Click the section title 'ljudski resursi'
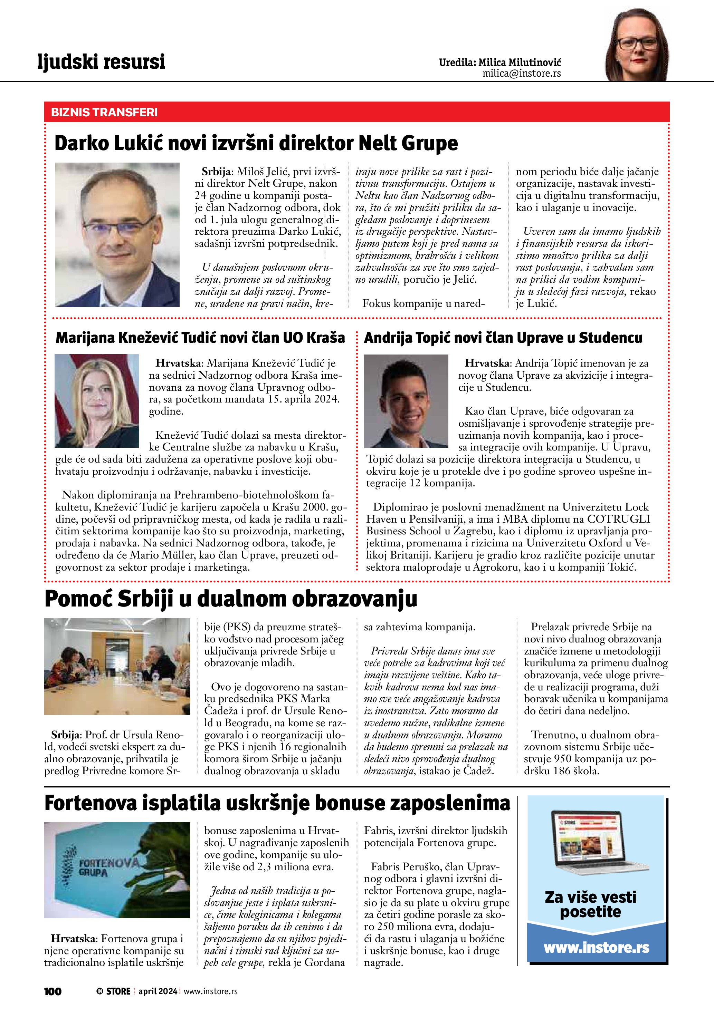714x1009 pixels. click(x=101, y=61)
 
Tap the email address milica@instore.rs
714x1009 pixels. click(x=522, y=74)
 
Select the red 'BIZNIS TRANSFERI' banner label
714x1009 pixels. click(x=104, y=112)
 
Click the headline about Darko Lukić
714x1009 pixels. click(x=256, y=143)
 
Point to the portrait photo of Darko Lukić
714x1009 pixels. click(x=117, y=235)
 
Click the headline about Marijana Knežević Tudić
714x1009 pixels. click(x=200, y=338)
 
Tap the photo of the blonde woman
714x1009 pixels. click(x=97, y=401)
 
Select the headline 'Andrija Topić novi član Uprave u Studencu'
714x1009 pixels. click(x=503, y=338)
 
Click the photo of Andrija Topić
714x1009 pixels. click(x=406, y=401)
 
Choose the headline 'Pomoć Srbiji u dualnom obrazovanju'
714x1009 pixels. click(x=231, y=599)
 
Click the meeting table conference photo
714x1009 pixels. click(x=117, y=666)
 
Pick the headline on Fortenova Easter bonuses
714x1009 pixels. click(x=277, y=803)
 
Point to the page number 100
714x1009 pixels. click(x=53, y=991)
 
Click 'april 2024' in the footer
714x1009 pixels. click(x=158, y=991)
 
